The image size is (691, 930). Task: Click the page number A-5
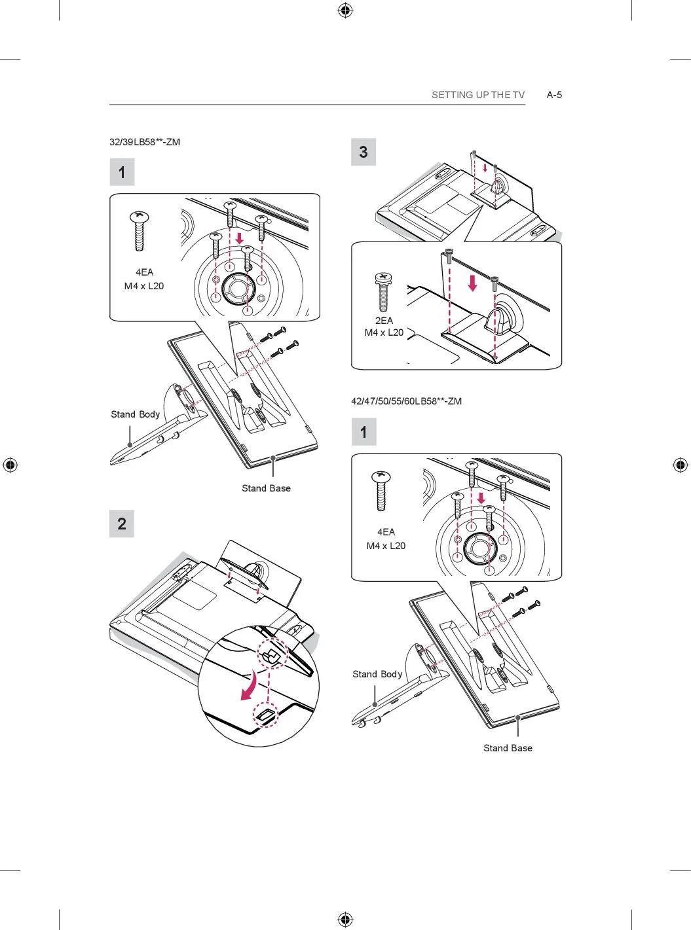coord(554,95)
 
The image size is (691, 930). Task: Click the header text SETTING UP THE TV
coord(478,95)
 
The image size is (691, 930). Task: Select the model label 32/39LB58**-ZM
coord(145,142)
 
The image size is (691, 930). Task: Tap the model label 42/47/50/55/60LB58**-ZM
coord(406,401)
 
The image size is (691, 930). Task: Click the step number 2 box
coord(122,524)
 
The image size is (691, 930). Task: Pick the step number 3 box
coord(364,152)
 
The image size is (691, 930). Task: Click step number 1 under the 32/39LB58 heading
coord(122,172)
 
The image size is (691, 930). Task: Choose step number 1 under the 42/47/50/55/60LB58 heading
coord(364,431)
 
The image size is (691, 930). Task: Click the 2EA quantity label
coord(384,321)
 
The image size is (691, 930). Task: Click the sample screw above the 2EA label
coord(383,293)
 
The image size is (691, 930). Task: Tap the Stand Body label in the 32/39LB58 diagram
coord(135,414)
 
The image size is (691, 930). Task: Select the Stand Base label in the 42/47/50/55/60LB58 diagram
coord(508,748)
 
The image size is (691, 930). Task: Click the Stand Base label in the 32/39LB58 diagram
coord(266,488)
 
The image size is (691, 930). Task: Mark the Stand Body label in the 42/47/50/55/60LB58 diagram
coord(377,674)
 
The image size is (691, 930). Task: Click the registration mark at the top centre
coord(346,11)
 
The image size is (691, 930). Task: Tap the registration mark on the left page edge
coord(10,465)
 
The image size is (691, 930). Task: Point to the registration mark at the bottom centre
coord(346,919)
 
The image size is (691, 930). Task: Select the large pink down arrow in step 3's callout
coord(473,283)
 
